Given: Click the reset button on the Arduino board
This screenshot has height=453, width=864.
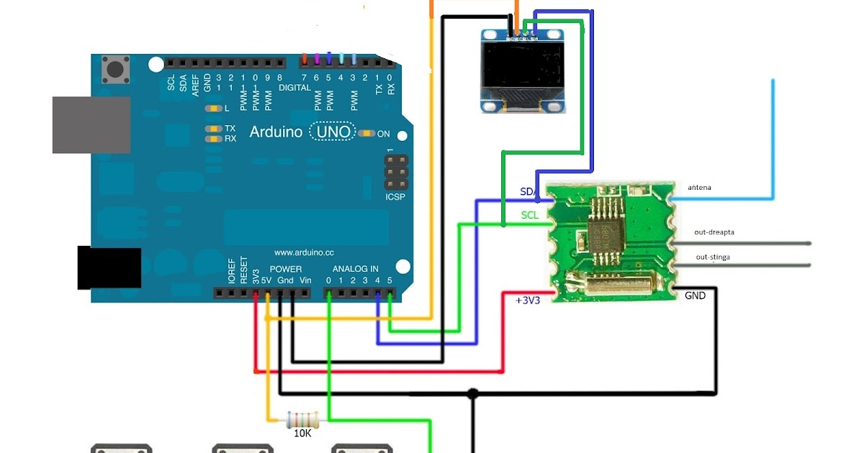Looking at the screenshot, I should pos(114,70).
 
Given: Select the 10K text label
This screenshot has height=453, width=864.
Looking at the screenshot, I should pos(302,434).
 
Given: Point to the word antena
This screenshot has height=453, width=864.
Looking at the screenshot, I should pos(699,188).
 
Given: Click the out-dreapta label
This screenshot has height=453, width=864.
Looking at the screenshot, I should pos(714,232).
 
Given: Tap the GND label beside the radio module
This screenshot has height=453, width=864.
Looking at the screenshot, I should pos(695,296).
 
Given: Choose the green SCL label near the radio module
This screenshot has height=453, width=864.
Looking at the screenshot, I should pos(529,215).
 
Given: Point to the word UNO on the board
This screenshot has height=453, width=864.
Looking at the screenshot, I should pos(336,132).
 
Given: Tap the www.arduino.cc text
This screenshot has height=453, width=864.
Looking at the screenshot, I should pos(303,252).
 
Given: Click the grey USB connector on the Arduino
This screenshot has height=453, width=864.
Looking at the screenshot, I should pos(91,124).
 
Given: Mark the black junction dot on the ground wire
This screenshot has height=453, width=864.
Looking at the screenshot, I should pos(472,394).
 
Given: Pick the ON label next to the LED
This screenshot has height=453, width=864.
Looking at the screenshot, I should pos(383,134).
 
